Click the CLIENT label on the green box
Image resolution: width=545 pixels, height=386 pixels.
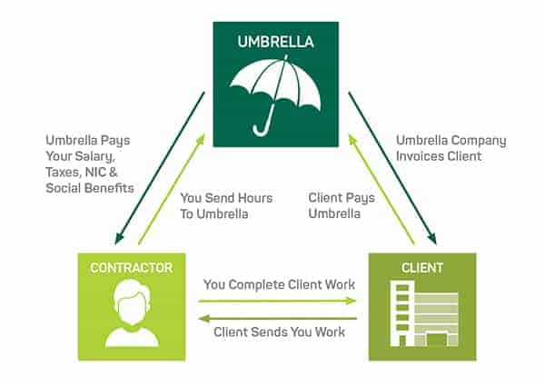421,268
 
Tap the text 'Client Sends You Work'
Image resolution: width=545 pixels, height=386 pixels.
279,332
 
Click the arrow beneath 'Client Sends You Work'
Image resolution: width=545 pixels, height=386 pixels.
279,317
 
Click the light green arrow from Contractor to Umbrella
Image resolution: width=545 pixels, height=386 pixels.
172,189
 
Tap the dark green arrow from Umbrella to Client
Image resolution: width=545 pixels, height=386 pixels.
392,167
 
